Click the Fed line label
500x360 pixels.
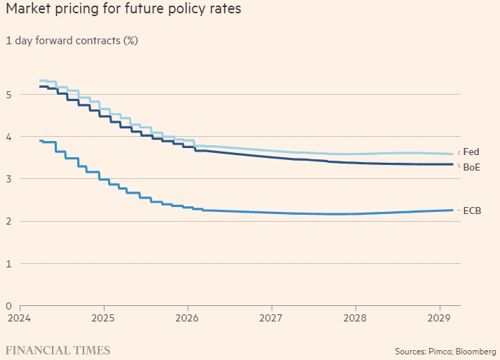click(471, 152)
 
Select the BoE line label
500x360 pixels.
click(471, 167)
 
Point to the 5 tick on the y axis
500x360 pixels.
click(8, 94)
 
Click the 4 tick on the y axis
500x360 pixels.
click(8, 136)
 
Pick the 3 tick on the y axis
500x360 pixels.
click(8, 179)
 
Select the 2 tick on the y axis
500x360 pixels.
click(8, 221)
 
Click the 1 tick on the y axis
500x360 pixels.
click(8, 263)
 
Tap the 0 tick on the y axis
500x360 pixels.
click(8, 306)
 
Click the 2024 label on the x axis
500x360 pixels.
click(20, 318)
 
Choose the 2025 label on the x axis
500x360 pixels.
click(103, 318)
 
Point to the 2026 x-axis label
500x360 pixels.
click(187, 318)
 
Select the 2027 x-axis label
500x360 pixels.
click(271, 318)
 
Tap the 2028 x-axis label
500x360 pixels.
click(356, 318)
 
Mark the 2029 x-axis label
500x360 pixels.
click(439, 318)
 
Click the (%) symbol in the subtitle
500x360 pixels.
click(130, 40)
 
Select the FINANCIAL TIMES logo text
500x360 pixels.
click(58, 349)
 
